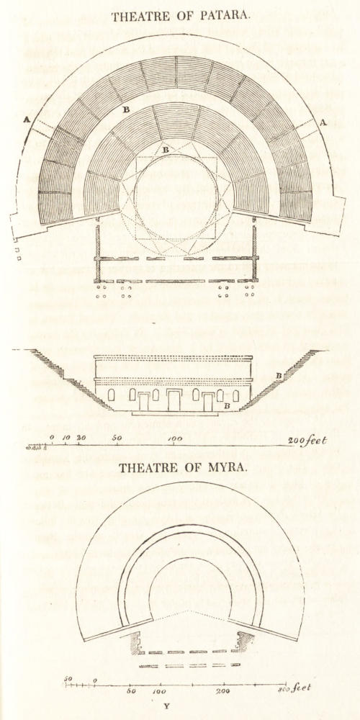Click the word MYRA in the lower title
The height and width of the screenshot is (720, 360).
tap(226, 468)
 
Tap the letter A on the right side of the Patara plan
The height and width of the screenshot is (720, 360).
tap(323, 122)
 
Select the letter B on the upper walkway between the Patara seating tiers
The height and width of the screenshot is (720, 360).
tap(126, 109)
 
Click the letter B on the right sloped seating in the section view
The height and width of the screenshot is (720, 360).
tap(279, 376)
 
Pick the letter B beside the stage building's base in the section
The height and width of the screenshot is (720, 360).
tap(226, 406)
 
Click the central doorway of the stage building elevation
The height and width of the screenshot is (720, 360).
tap(174, 400)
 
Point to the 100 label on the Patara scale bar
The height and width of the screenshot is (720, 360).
tap(175, 439)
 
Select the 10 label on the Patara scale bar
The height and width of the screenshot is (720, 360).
tap(66, 438)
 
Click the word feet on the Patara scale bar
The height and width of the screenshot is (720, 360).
tap(316, 441)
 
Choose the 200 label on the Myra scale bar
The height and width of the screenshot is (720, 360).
tap(223, 691)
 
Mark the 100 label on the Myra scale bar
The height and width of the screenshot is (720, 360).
tap(159, 691)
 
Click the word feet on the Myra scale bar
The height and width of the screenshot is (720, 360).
tap(301, 688)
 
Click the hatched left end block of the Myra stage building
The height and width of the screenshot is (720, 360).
tap(135, 643)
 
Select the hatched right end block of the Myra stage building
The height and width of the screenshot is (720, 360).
tap(243, 641)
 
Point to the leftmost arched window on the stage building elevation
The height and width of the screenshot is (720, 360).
tap(111, 395)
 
